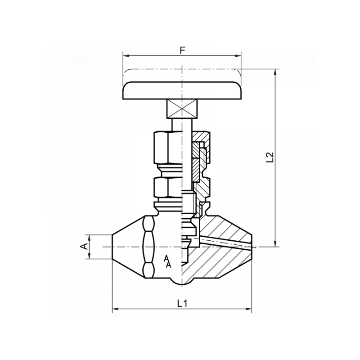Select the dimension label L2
tap(270, 157)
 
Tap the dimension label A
tap(83, 246)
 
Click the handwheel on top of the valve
tap(182, 90)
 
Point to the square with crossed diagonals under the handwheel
tap(182, 108)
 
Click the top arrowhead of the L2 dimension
tap(274, 72)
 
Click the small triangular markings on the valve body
tap(167, 261)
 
